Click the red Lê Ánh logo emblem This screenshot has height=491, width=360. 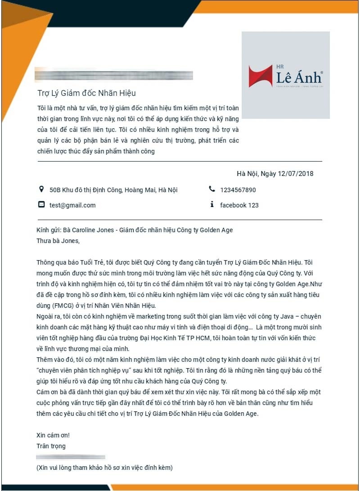click(x=261, y=76)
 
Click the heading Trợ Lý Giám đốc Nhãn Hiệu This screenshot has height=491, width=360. click(x=86, y=93)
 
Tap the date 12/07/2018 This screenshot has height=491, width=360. click(x=296, y=174)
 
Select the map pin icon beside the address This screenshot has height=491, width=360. click(x=41, y=189)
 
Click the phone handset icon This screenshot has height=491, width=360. click(x=212, y=189)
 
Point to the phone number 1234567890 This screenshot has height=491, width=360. click(x=238, y=190)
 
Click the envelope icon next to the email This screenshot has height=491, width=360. click(x=41, y=205)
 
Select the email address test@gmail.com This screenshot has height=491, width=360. click(x=72, y=205)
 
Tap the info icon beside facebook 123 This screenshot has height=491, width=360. click(x=212, y=205)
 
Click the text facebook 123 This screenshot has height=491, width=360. click(x=239, y=205)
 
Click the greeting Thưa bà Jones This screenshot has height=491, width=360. click(x=58, y=240)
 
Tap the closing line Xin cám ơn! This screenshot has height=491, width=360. click(x=53, y=435)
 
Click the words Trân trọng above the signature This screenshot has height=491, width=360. click(x=51, y=446)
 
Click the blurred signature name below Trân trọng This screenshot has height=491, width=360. click(x=71, y=457)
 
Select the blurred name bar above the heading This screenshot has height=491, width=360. click(x=114, y=76)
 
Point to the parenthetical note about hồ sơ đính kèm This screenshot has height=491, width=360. click(x=104, y=468)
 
